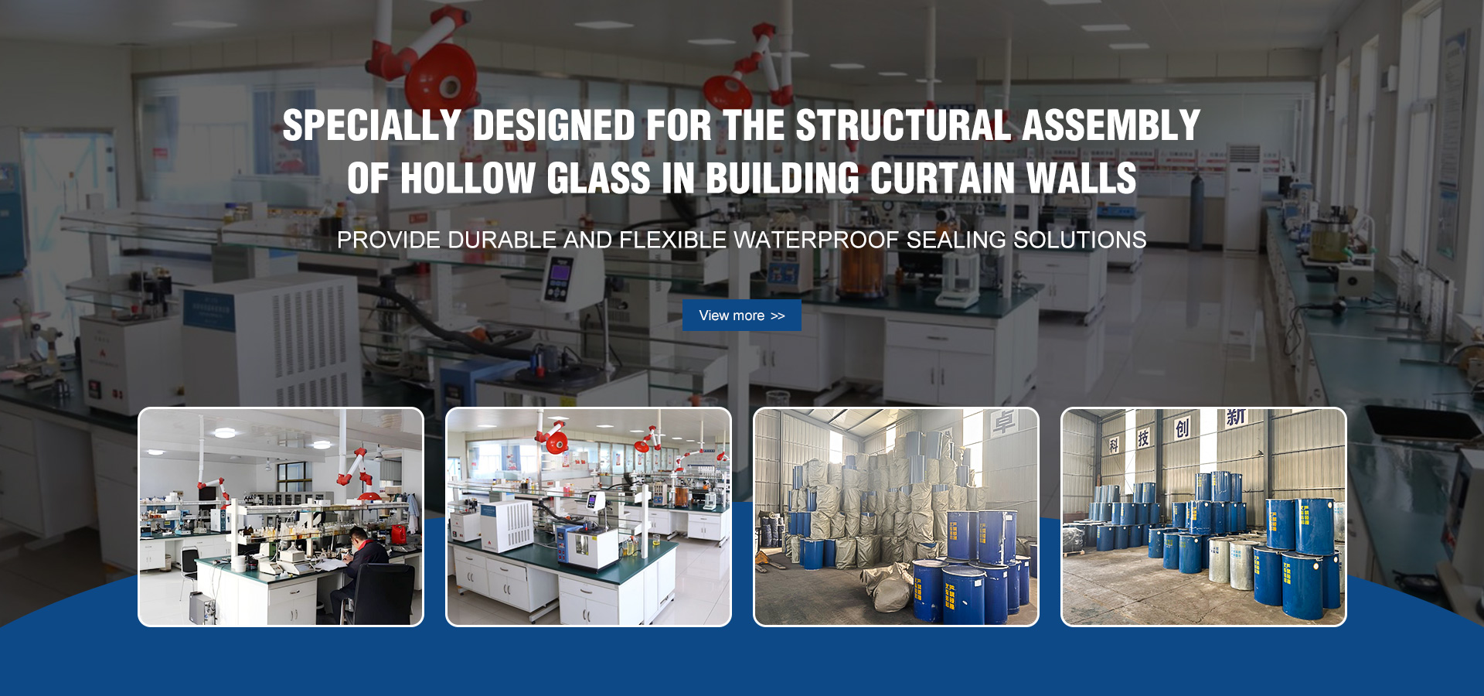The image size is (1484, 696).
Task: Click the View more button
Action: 741,316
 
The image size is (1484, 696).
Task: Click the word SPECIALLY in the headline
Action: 372,126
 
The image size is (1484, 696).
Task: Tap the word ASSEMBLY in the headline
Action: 1111,126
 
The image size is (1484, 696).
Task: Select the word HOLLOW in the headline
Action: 468,179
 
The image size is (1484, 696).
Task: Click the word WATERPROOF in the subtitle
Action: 817,241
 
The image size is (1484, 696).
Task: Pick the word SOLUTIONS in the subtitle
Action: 1080,241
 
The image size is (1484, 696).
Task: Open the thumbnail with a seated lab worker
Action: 281,517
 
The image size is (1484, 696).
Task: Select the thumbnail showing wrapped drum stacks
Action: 896,517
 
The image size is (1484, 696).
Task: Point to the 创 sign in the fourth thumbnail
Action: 1182,428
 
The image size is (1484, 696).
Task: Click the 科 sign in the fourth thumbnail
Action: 1114,445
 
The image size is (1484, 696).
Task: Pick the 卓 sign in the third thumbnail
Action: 1003,423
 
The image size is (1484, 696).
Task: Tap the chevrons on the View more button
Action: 778,316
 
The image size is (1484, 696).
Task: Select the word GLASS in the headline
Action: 599,179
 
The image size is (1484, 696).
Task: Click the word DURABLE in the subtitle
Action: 502,241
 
